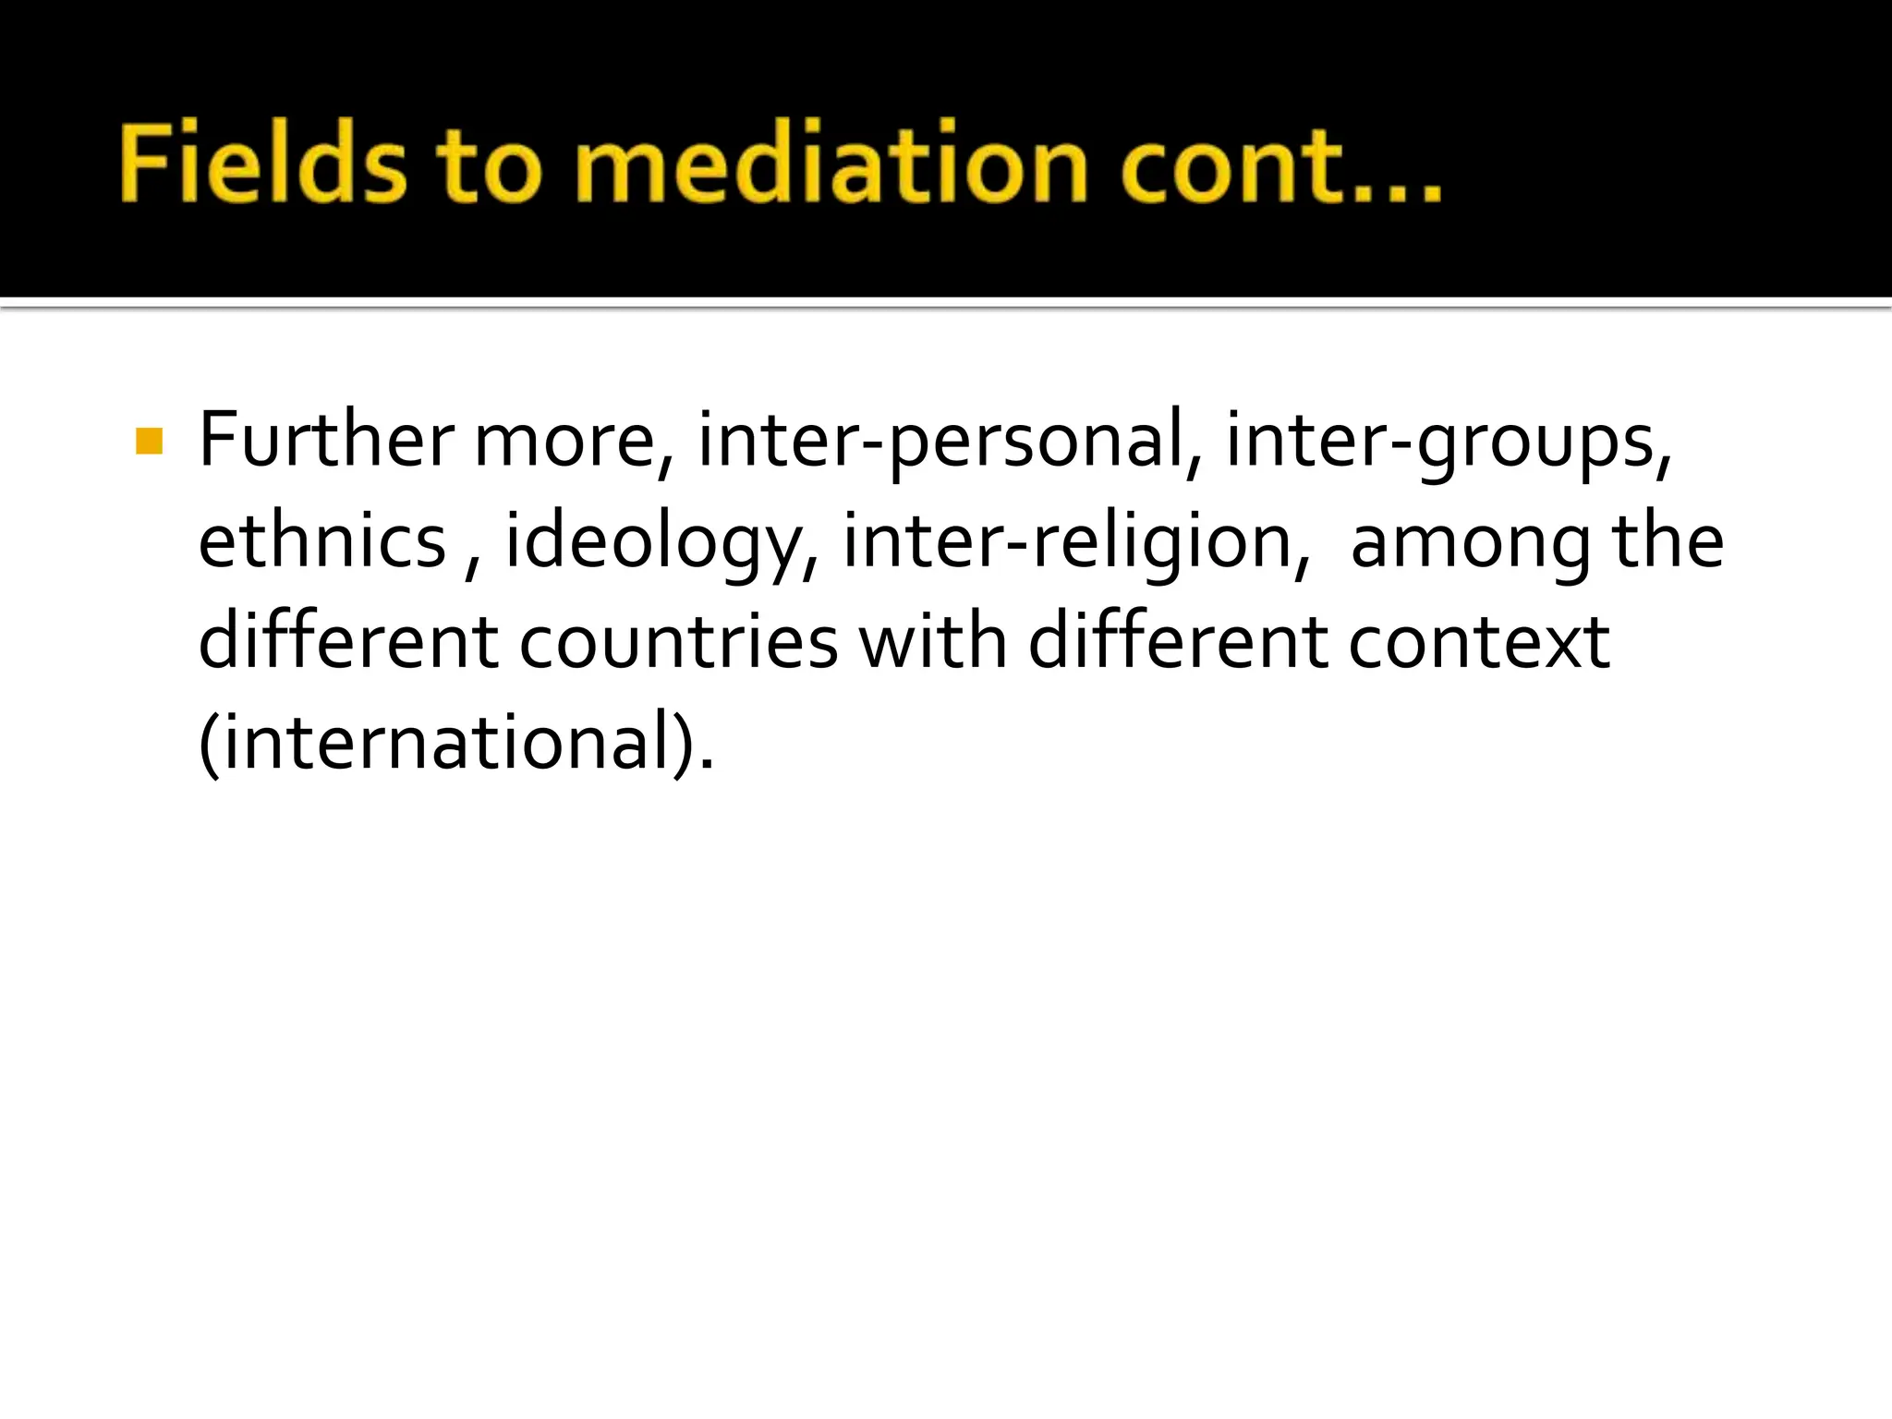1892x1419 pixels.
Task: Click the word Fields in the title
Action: [x=262, y=163]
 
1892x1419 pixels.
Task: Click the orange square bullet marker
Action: [x=149, y=442]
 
